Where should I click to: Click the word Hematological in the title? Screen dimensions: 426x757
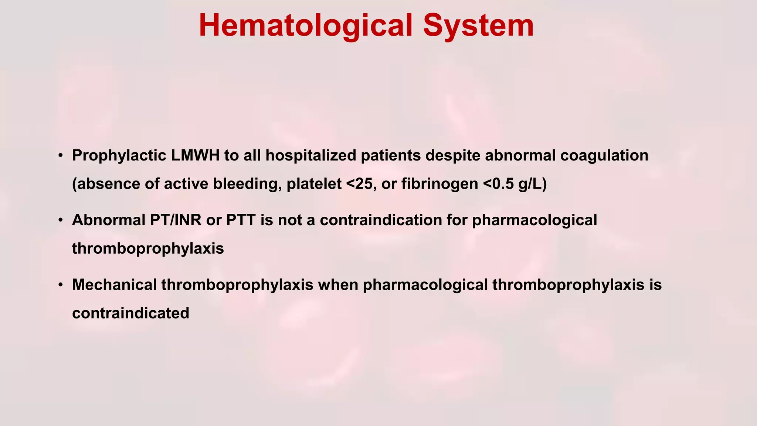305,26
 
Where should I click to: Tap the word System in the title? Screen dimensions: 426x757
478,26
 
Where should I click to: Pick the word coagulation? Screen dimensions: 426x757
604,156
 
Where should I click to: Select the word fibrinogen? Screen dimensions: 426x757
439,184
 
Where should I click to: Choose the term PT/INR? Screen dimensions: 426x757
174,220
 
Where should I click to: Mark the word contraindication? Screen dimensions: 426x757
381,220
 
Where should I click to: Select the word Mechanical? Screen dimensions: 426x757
115,285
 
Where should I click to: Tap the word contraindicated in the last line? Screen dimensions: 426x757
130,313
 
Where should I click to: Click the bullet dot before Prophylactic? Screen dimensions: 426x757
61,156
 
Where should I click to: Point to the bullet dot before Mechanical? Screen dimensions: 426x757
61,285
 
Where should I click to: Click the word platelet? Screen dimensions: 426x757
314,184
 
